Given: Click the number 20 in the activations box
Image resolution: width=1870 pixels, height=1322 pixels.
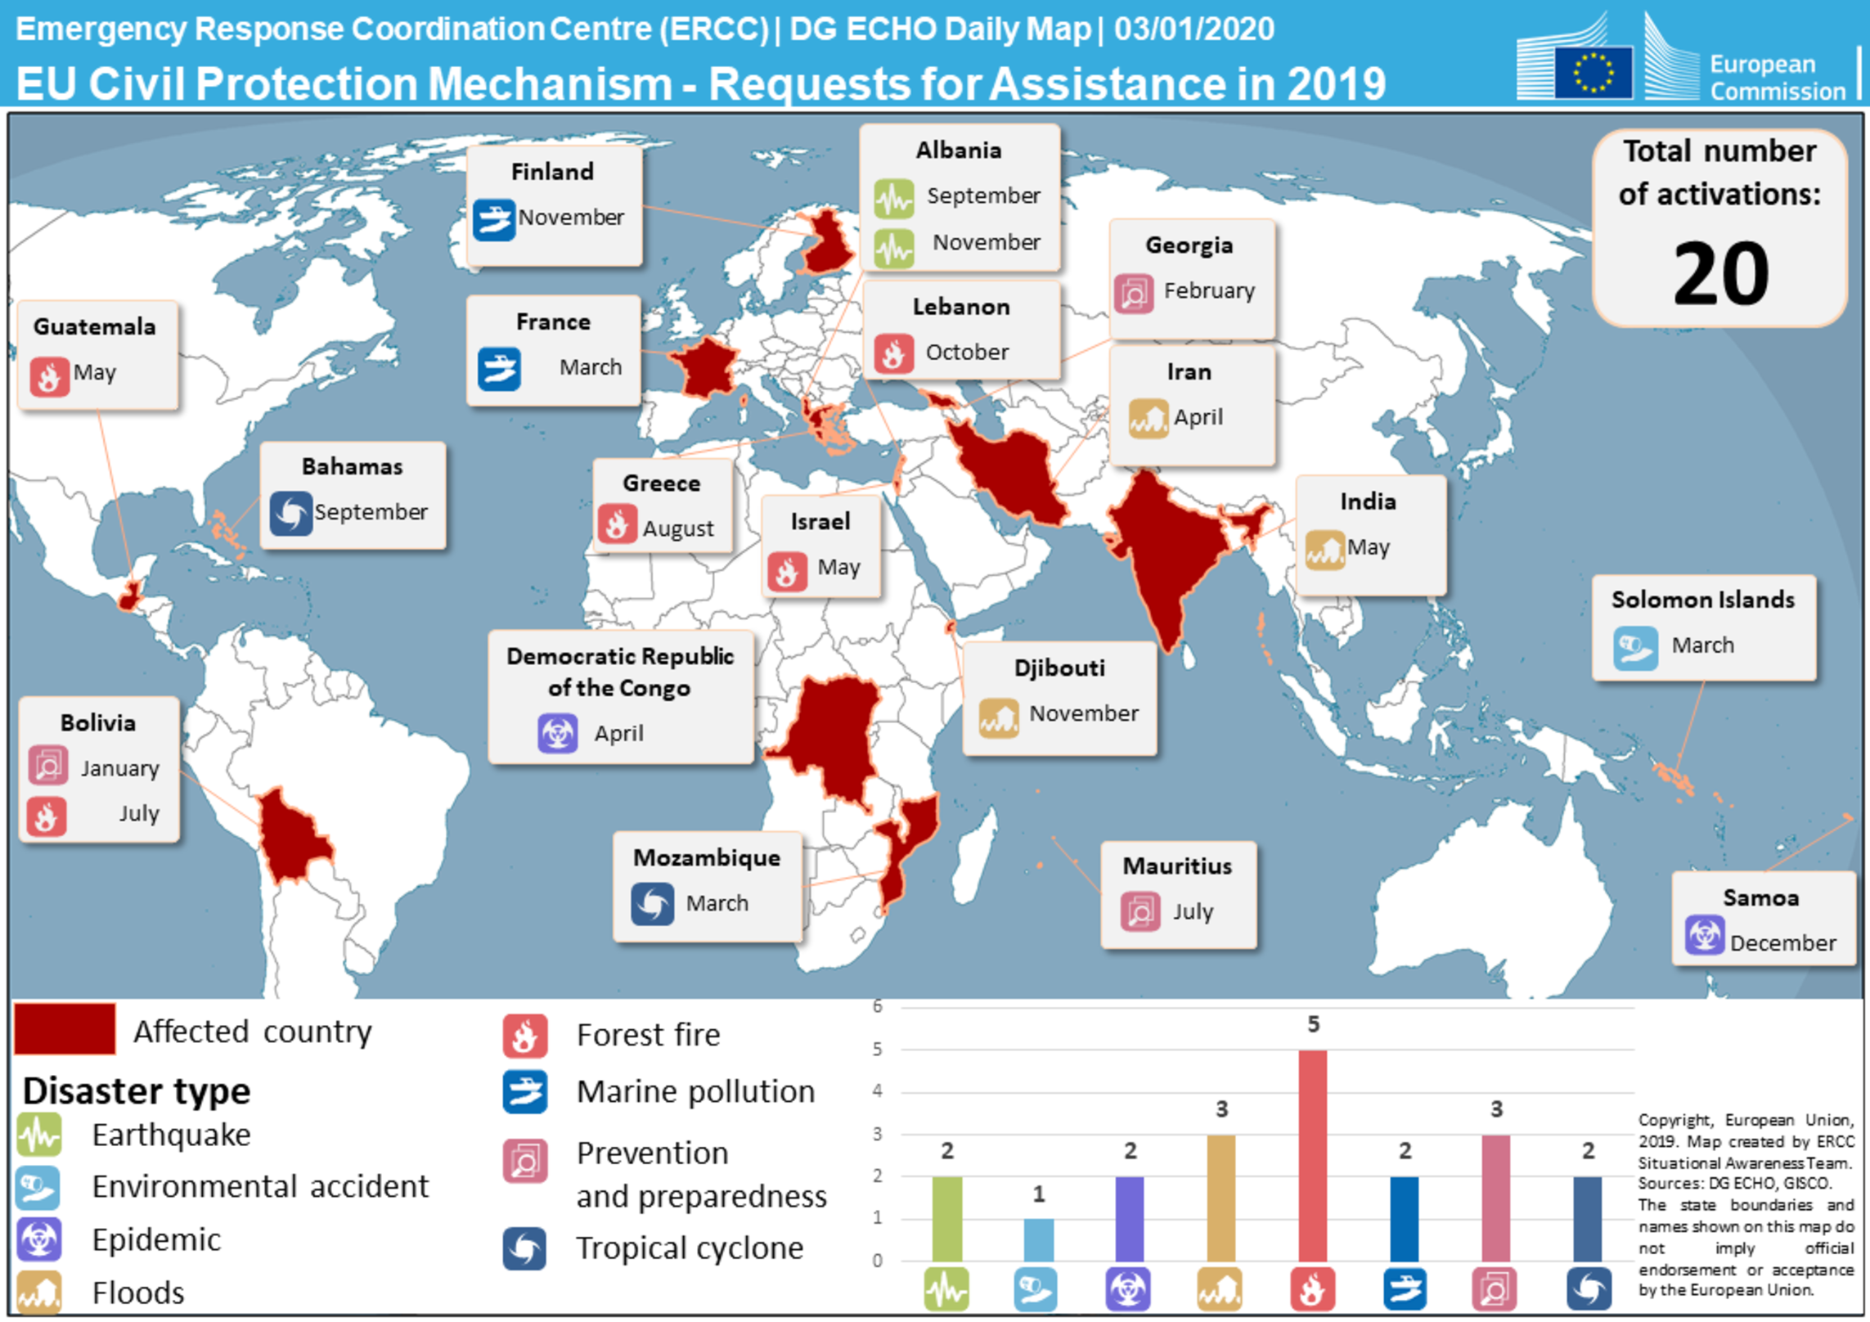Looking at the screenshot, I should coord(1721,274).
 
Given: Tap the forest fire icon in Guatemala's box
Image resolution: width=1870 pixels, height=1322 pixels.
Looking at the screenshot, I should coord(49,375).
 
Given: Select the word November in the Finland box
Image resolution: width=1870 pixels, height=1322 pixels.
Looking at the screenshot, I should coord(571,218).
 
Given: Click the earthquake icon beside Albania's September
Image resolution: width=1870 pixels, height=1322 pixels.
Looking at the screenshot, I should coord(893,198).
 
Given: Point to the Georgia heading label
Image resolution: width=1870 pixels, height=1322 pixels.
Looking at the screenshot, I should coord(1189,245).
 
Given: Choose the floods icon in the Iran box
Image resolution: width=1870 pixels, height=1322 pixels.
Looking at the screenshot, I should coord(1149,419).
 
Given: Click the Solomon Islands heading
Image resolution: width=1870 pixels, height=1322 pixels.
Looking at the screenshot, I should coord(1702,600).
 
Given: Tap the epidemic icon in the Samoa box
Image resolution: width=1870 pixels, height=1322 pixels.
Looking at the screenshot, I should coord(1704,935).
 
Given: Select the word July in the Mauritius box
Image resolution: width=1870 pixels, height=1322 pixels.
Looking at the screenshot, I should coord(1193,911).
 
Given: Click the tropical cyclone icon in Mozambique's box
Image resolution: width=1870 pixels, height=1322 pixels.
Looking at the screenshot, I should coord(652,903).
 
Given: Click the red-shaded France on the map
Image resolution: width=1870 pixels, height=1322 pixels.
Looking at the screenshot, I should coord(703,368).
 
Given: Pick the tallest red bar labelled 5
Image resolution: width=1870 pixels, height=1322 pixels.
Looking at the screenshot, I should coord(1312,1154).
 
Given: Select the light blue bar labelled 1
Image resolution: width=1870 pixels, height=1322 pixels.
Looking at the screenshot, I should coord(1038,1239).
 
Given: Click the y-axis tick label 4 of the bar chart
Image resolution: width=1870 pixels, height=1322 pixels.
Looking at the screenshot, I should coord(877,1090).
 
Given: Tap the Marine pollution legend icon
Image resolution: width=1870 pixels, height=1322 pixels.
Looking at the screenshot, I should coord(524,1092).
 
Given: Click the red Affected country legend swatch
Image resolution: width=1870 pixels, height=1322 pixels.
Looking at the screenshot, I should coord(65,1029).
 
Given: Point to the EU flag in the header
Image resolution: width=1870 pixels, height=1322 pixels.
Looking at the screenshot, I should coord(1592,72).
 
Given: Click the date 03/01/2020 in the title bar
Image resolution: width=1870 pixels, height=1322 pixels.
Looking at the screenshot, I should coord(1193,29).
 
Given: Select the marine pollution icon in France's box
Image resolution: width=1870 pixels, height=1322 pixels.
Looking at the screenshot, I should coord(498,369).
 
